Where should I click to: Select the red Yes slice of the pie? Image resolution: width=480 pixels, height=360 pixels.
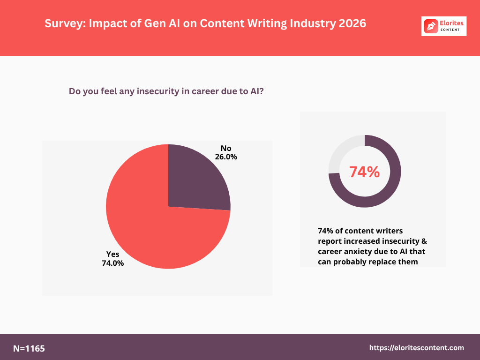pos(155,230)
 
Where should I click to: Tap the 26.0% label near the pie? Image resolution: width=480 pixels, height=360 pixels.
pos(226,157)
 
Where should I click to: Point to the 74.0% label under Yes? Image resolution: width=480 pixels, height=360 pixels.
pos(113,263)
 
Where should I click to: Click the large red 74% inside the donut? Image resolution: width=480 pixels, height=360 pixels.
pos(364,172)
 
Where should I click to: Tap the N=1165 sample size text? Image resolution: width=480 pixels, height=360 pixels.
pos(29,348)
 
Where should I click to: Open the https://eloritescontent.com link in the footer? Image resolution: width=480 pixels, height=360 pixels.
pos(417,348)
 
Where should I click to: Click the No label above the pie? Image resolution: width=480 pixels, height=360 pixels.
pos(226,148)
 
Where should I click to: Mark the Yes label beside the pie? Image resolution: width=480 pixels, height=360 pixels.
pos(113,254)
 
